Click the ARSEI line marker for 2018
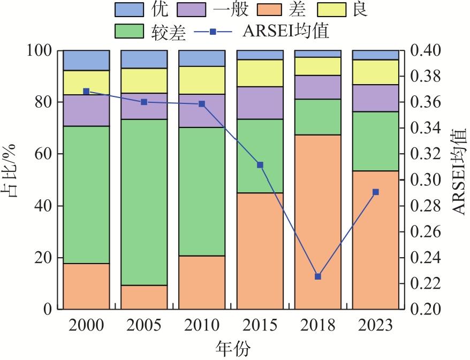(x=317, y=276)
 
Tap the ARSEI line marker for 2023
(x=375, y=192)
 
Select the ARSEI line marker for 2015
(x=260, y=165)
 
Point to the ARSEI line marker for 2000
(x=86, y=92)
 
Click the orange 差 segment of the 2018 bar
(x=317, y=222)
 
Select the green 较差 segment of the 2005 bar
(x=144, y=202)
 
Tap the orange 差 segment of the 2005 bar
(x=144, y=297)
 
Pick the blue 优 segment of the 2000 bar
(x=86, y=61)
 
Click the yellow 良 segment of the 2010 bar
(x=202, y=80)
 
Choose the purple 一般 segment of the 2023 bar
(x=375, y=98)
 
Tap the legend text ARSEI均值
(x=285, y=32)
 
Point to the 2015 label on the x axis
(x=260, y=325)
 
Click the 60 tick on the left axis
(x=43, y=154)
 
